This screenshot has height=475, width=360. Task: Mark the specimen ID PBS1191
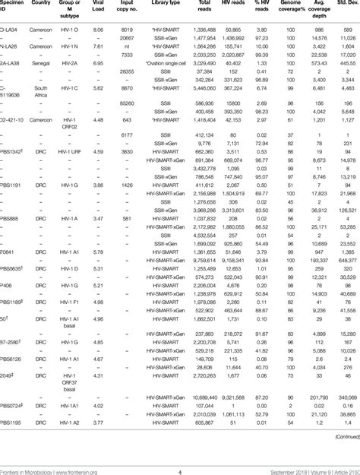[14, 185]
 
